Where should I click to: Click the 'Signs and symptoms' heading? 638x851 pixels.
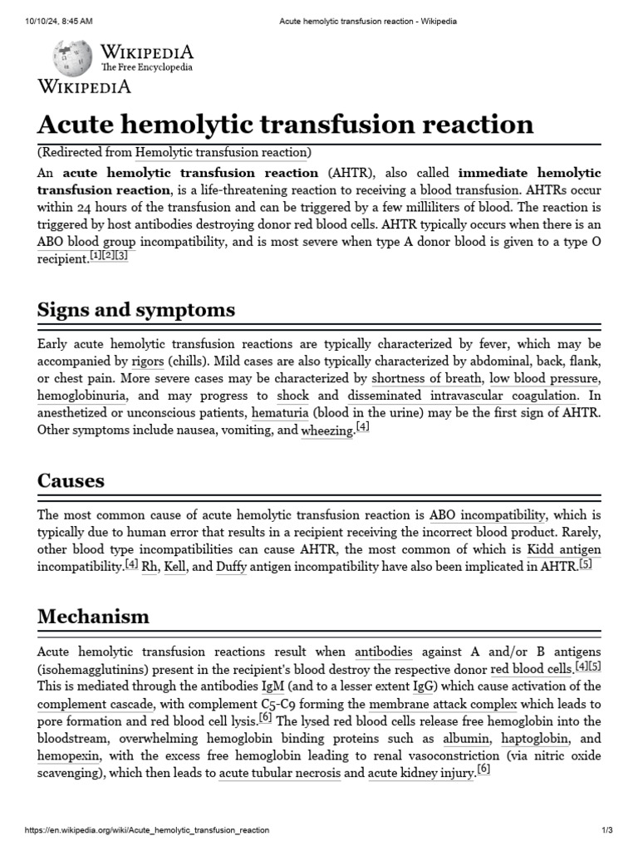coord(136,310)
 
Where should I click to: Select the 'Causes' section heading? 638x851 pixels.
coord(71,480)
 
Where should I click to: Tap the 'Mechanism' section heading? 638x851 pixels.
coord(94,617)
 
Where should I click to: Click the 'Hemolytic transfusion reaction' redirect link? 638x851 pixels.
coord(221,152)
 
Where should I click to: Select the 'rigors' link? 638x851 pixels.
coord(148,362)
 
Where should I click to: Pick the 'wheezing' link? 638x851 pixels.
coord(326,430)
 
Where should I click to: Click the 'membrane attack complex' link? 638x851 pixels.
coord(444,703)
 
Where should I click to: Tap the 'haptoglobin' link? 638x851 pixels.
coord(531,738)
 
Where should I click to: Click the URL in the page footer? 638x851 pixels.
coord(147,830)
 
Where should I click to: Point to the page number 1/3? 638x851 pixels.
coord(606,830)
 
